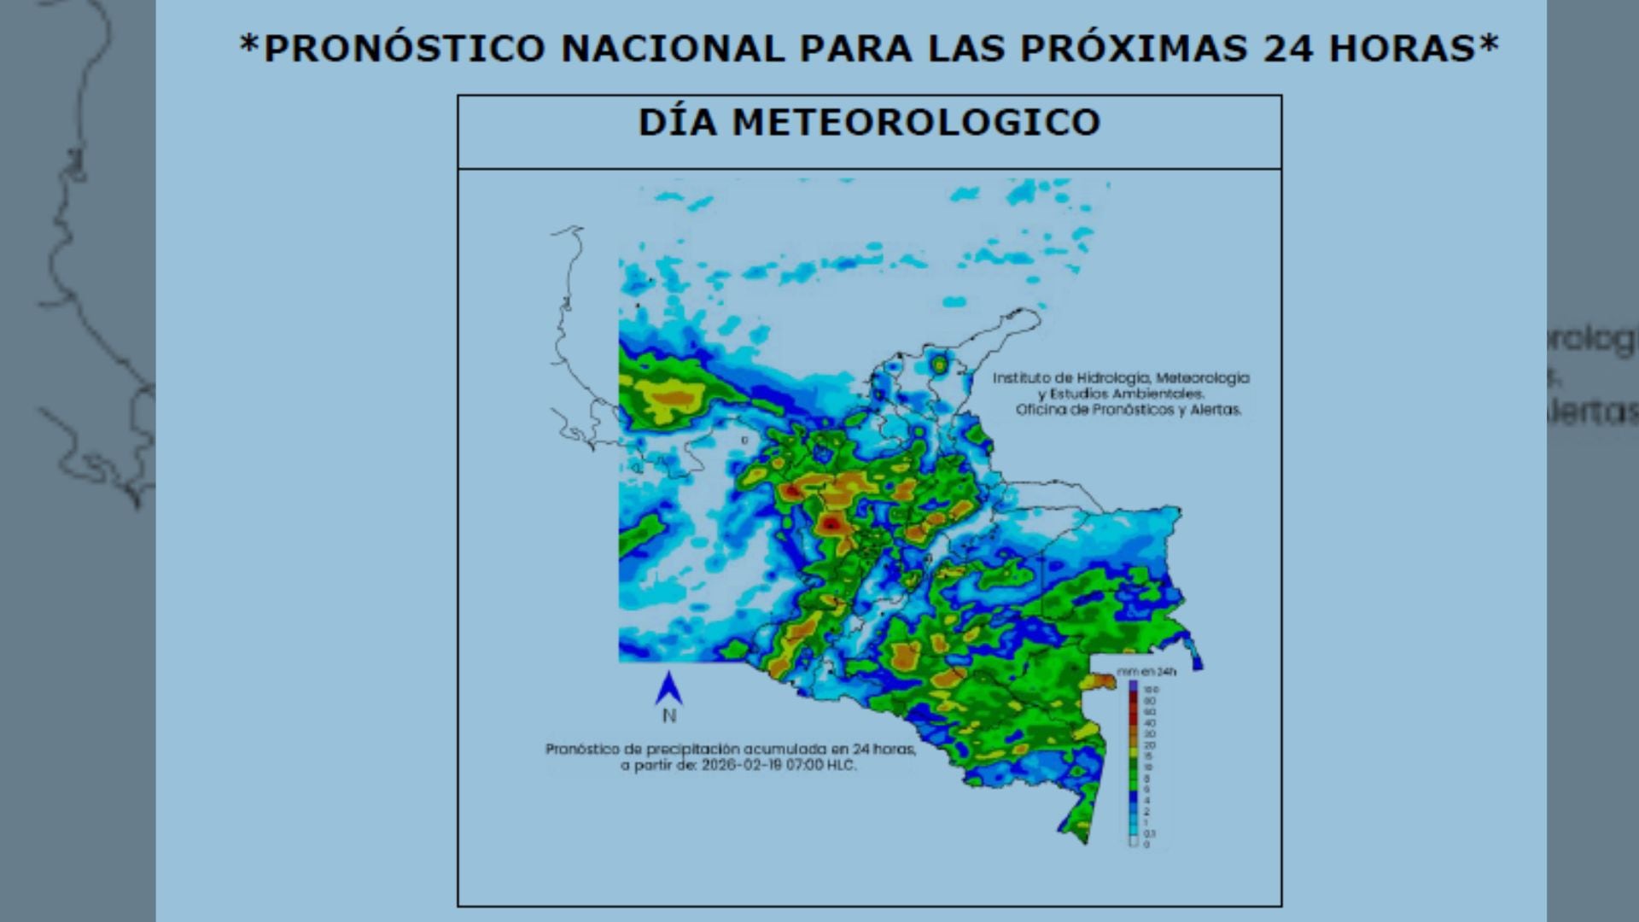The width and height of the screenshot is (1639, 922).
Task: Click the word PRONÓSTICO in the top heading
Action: click(x=405, y=49)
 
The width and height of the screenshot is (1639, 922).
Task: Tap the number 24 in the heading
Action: click(x=1287, y=49)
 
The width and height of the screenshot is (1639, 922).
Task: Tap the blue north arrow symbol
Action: click(x=668, y=688)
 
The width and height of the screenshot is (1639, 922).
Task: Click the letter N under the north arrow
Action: click(x=669, y=715)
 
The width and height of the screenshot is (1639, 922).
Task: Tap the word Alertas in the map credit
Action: click(x=1215, y=410)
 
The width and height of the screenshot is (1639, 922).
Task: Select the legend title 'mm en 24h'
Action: click(x=1146, y=672)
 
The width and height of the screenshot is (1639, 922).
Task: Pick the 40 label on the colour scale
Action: click(x=1150, y=723)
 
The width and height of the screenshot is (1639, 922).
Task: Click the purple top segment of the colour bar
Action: click(x=1134, y=686)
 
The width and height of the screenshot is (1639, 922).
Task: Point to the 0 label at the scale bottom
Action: click(x=1146, y=844)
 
